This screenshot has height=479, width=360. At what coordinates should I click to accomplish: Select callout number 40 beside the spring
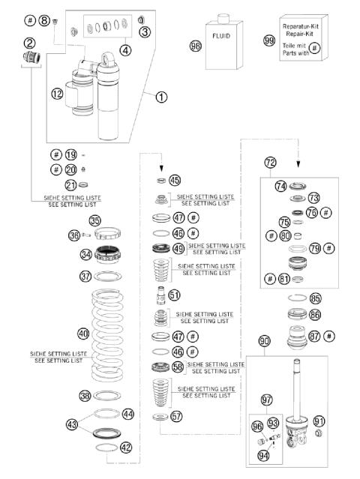(x=83, y=333)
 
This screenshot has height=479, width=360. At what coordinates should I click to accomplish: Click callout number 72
(x=270, y=162)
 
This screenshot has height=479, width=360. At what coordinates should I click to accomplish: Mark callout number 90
(x=264, y=342)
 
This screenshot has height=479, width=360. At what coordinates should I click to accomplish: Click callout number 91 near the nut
(x=319, y=421)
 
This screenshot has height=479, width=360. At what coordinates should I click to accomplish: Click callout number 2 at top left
(x=29, y=43)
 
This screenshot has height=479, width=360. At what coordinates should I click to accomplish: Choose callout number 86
(x=315, y=315)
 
